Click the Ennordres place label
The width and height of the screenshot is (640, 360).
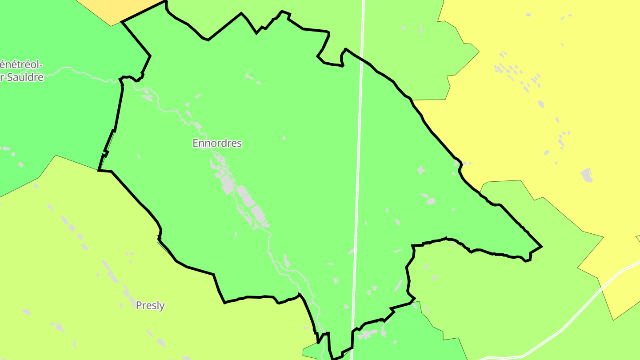(x=217, y=143)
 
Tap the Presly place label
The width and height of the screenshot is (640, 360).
(x=150, y=306)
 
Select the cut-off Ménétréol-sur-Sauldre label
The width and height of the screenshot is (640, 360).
(x=21, y=71)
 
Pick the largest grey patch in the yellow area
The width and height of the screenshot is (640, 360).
(x=587, y=175)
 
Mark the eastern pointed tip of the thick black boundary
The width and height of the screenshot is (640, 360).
(x=541, y=246)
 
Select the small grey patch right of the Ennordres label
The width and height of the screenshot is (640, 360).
(x=284, y=138)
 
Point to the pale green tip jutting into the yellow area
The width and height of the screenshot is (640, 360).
(x=479, y=52)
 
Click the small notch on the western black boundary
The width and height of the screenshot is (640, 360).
(x=106, y=153)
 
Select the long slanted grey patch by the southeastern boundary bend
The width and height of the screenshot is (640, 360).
(x=398, y=285)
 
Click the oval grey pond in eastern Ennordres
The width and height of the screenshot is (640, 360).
(x=431, y=201)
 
